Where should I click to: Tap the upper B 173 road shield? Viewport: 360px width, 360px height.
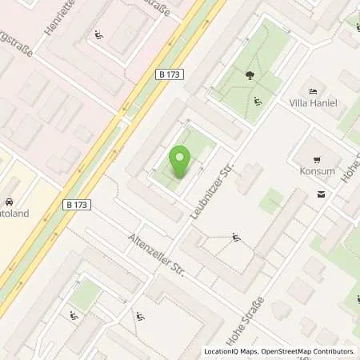pyautogui.click(x=170, y=74)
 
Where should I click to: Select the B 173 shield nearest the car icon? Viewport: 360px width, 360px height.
pyautogui.click(x=78, y=206)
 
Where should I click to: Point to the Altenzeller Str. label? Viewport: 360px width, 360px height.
pyautogui.click(x=157, y=255)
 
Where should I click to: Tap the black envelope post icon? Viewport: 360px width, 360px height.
pyautogui.click(x=322, y=194)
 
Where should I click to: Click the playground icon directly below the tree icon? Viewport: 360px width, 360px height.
pyautogui.click(x=257, y=102)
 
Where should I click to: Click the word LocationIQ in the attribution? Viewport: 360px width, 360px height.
pyautogui.click(x=220, y=351)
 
